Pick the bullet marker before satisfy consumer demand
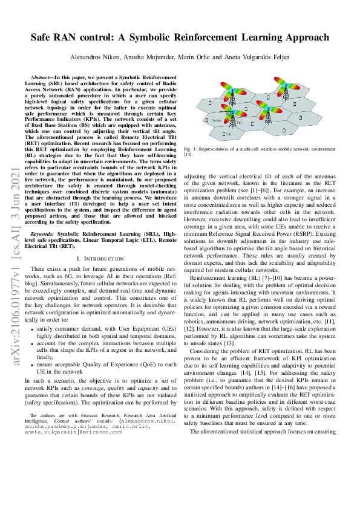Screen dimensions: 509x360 pos(32,328)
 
